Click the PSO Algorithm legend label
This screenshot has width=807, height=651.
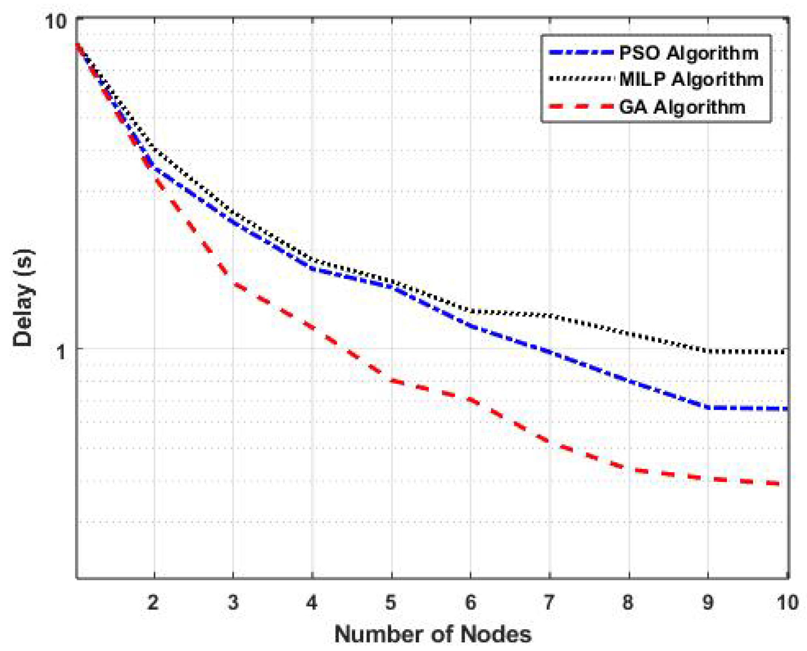pyautogui.click(x=688, y=53)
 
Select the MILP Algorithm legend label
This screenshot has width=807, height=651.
pyautogui.click(x=691, y=80)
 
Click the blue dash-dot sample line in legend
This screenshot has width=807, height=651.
pyautogui.click(x=581, y=53)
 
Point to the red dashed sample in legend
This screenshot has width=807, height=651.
pyautogui.click(x=581, y=107)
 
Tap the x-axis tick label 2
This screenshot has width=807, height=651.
pyautogui.click(x=153, y=603)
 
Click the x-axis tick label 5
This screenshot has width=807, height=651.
pyautogui.click(x=391, y=603)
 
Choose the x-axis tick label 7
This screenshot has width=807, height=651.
pyautogui.click(x=549, y=603)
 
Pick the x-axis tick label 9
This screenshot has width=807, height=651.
pyautogui.click(x=708, y=603)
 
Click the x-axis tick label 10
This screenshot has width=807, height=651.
pyautogui.click(x=787, y=603)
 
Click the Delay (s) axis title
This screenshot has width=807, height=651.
pyautogui.click(x=23, y=298)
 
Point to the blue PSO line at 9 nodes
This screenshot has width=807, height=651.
pyautogui.click(x=708, y=407)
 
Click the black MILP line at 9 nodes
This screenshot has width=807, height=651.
pyautogui.click(x=708, y=351)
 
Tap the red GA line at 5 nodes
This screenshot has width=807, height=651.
pyautogui.click(x=392, y=381)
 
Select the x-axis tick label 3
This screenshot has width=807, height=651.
pyautogui.click(x=233, y=603)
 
